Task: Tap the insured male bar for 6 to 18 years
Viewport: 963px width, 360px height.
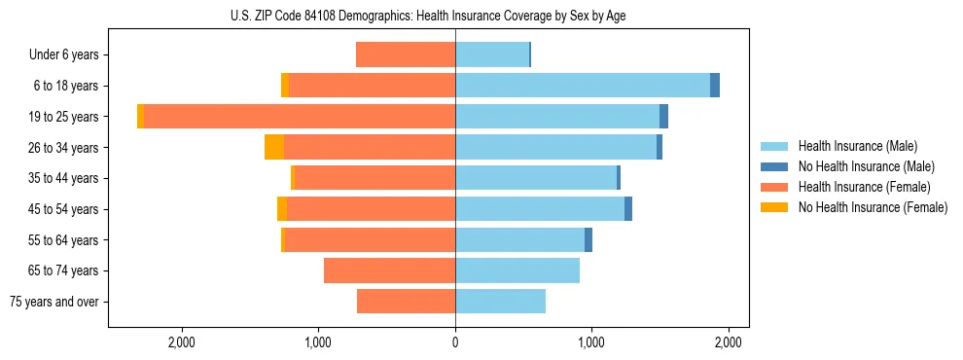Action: click(582, 86)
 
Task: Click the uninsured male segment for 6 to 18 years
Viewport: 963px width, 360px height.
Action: click(715, 86)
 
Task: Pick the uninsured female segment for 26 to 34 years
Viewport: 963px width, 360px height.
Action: click(274, 147)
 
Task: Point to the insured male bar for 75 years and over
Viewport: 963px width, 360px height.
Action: click(500, 302)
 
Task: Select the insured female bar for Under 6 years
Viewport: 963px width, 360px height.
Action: click(406, 54)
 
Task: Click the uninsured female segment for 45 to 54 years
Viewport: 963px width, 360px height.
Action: click(282, 209)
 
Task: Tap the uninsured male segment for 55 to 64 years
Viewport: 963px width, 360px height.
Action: click(588, 240)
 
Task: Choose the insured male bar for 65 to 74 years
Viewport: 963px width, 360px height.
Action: click(517, 270)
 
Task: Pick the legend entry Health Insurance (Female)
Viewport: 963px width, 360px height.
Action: click(864, 187)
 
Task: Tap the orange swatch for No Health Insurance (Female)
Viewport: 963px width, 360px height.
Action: click(774, 207)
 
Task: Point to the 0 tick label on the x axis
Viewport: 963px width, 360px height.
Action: click(455, 342)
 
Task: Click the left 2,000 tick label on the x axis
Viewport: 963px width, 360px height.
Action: click(182, 342)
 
